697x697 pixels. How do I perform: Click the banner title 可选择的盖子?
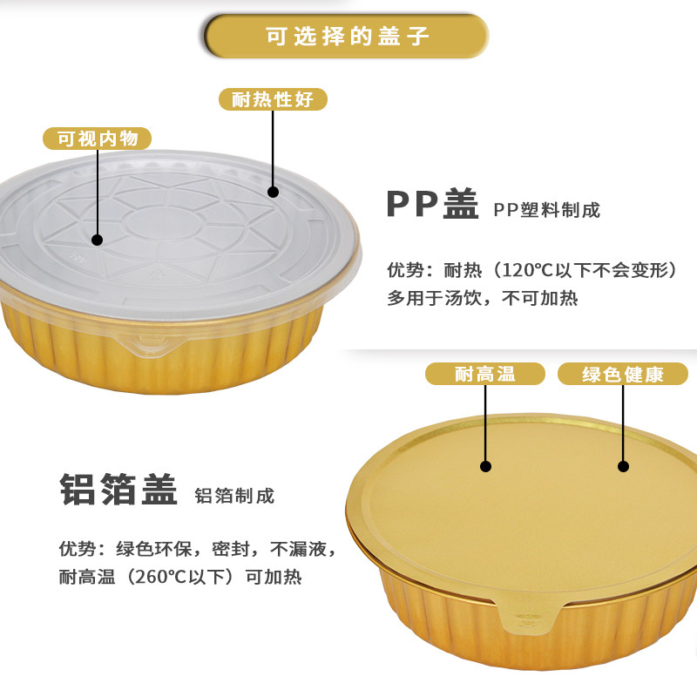pyautogui.click(x=347, y=37)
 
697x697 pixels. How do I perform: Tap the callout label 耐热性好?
pyautogui.click(x=272, y=99)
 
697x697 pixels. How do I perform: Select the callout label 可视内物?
pyautogui.click(x=97, y=139)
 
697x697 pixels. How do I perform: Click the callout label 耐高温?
pyautogui.click(x=485, y=375)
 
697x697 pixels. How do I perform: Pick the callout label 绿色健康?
pyautogui.click(x=623, y=375)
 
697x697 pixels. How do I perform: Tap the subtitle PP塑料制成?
pyautogui.click(x=547, y=210)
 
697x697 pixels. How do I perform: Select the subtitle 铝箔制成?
pyautogui.click(x=234, y=496)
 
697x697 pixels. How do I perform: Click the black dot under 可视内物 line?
pyautogui.click(x=97, y=239)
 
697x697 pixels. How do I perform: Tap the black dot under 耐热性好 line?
pyautogui.click(x=273, y=192)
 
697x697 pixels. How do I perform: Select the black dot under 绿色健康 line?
pyautogui.click(x=623, y=466)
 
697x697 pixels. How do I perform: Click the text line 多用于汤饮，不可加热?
pyautogui.click(x=483, y=298)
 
